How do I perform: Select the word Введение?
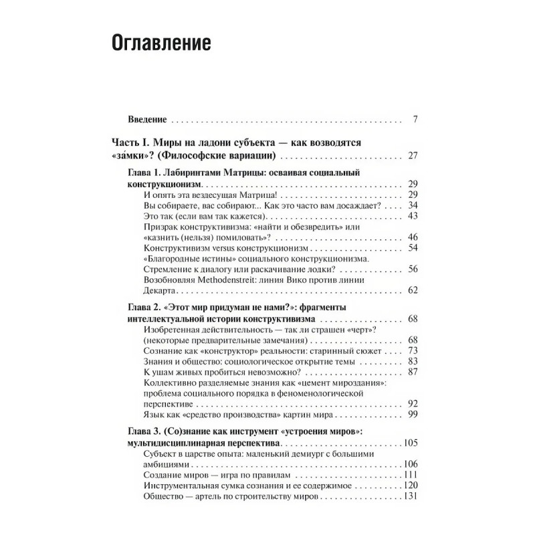click(x=146, y=121)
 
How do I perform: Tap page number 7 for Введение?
click(x=415, y=121)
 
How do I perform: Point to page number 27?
click(x=412, y=156)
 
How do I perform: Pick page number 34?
click(x=412, y=205)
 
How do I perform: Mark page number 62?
click(x=412, y=291)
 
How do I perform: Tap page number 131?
click(x=410, y=497)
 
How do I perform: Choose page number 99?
click(x=412, y=415)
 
